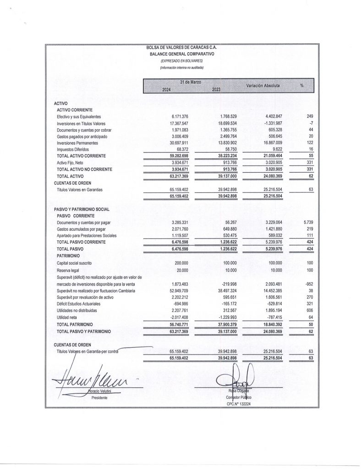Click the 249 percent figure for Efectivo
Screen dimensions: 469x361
[x=309, y=117]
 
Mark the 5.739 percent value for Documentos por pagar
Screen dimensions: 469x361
[x=308, y=222]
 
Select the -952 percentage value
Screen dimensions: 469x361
[x=309, y=284]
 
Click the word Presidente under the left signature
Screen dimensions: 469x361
[x=99, y=398]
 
